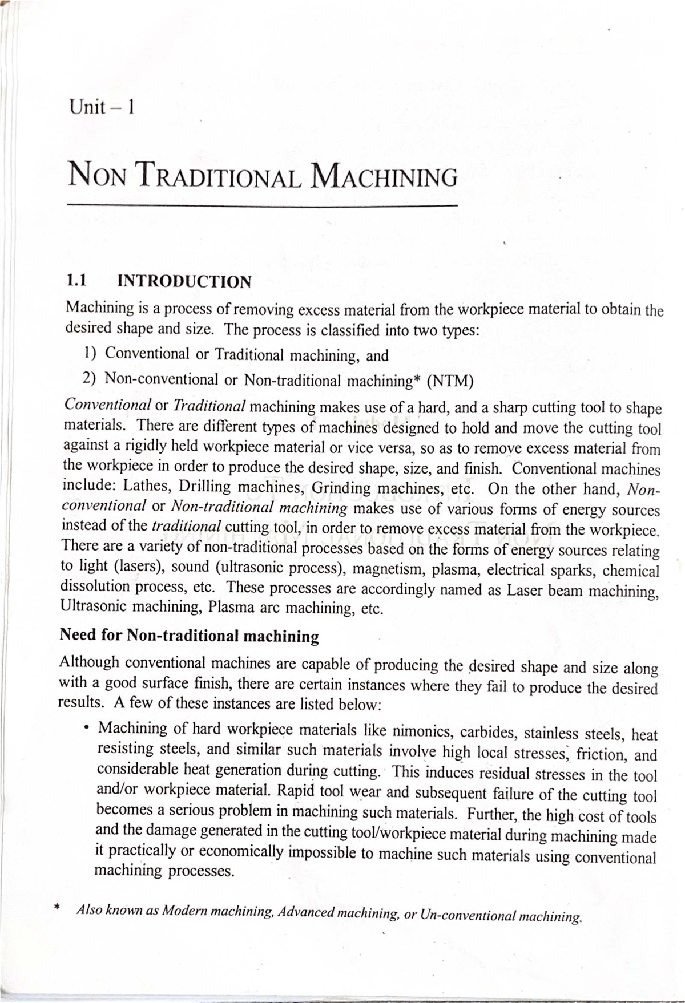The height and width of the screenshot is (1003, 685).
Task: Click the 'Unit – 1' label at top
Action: pyautogui.click(x=100, y=107)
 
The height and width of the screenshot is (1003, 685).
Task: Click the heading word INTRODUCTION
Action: pyautogui.click(x=184, y=281)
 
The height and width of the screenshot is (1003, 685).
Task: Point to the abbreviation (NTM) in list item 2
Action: pyautogui.click(x=450, y=381)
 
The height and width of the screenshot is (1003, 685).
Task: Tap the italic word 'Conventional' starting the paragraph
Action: pyautogui.click(x=107, y=405)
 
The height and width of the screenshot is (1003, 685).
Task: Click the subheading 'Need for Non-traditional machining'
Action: pyautogui.click(x=189, y=635)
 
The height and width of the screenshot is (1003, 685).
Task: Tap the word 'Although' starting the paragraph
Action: pyautogui.click(x=89, y=662)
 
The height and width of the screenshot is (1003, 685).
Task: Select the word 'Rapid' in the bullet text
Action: pyautogui.click(x=297, y=792)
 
